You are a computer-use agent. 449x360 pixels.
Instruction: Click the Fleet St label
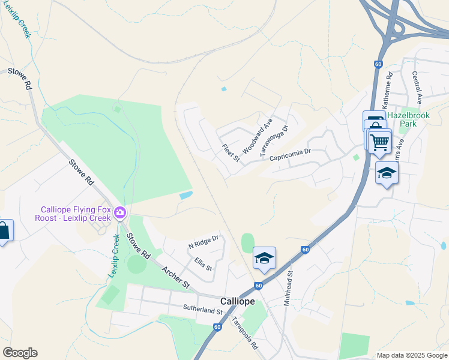click(231, 153)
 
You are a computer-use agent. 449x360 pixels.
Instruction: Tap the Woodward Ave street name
click(258, 136)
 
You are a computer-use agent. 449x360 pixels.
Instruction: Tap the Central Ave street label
click(417, 86)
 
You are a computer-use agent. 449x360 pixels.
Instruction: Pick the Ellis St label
click(203, 265)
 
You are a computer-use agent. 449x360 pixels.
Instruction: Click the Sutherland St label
click(203, 311)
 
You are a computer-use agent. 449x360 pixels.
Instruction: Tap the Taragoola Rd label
click(245, 334)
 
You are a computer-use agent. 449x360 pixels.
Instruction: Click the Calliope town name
click(238, 301)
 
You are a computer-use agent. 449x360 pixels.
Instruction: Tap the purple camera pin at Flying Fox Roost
click(121, 212)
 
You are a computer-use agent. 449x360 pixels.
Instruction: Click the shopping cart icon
click(379, 142)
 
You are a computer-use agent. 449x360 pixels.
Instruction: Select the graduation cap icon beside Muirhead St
click(264, 258)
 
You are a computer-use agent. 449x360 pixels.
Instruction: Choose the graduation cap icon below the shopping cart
click(387, 173)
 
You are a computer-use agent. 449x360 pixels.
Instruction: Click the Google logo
click(20, 353)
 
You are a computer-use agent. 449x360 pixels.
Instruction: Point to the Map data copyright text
click(411, 355)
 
